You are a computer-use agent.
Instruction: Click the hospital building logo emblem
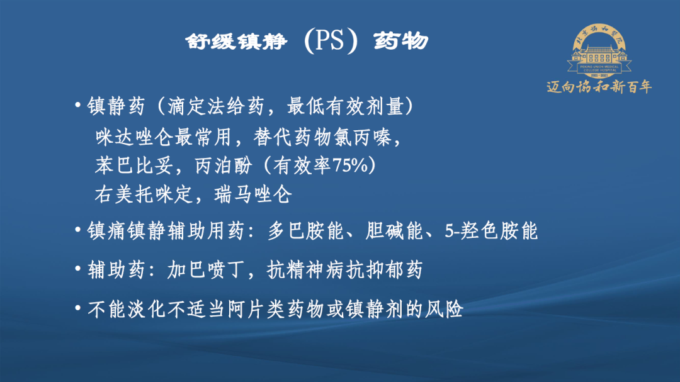coord(599,51)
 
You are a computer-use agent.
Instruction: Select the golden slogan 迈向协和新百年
coord(599,87)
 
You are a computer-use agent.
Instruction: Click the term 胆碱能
coord(394,230)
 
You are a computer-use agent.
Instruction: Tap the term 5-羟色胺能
coord(491,230)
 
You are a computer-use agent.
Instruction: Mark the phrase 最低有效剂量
coord(345,106)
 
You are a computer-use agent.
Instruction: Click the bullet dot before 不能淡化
coord(78,308)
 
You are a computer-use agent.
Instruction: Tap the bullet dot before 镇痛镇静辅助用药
coord(78,229)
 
